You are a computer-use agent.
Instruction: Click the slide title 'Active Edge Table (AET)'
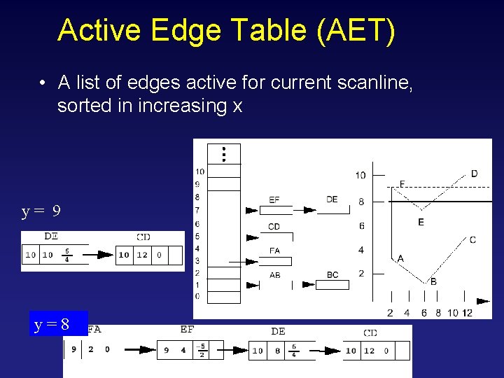pos(226,30)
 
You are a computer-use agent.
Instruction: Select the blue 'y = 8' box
pos(58,324)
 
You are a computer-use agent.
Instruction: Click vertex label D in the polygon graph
pos(475,174)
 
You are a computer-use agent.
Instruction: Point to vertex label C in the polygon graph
pos(472,239)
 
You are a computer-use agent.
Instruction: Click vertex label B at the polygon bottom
pos(433,281)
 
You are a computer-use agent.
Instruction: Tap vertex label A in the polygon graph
pos(400,258)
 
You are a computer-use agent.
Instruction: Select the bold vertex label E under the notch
pos(421,222)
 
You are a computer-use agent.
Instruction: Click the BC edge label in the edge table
pos(332,275)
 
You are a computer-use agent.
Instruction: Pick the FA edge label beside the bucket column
pos(274,251)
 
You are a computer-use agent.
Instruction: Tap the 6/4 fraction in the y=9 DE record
pos(66,255)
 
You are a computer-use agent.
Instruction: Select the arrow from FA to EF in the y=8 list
pos(136,349)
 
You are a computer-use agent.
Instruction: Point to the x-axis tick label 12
pos(468,312)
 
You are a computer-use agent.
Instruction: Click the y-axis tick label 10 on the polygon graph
pos(360,175)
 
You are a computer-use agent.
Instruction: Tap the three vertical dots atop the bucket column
pos(223,154)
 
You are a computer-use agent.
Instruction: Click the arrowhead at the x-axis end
pos(483,301)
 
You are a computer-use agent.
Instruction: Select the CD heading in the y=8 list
pos(370,332)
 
